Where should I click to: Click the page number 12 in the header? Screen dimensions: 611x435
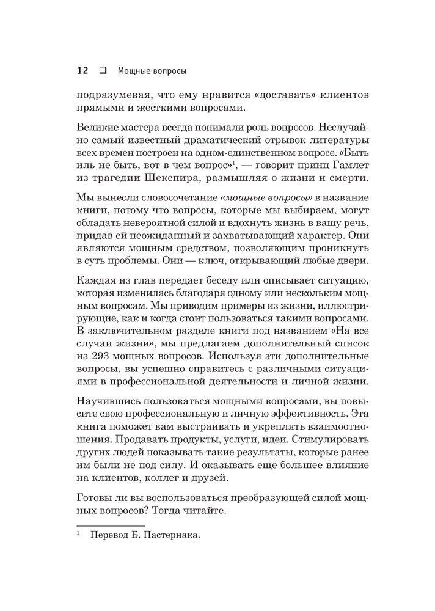click(x=83, y=70)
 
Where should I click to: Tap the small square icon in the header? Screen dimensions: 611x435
click(x=102, y=70)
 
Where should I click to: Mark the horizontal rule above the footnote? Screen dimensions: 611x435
click(x=111, y=525)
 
